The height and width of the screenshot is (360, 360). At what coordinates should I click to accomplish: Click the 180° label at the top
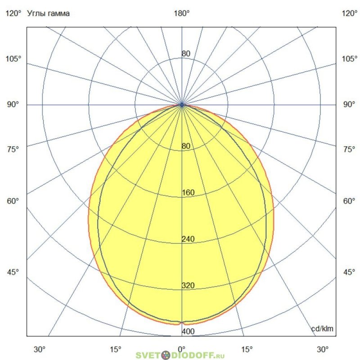(x=182, y=13)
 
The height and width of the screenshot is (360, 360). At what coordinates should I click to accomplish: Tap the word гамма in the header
(x=58, y=13)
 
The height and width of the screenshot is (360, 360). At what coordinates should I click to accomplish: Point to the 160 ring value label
(x=188, y=193)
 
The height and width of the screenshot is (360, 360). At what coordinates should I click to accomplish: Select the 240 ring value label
(x=188, y=239)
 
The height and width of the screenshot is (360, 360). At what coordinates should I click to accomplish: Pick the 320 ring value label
(x=188, y=285)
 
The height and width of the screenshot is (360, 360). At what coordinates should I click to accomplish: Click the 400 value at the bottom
(x=188, y=332)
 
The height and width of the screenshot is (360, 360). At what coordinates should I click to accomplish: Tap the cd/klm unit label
(x=323, y=328)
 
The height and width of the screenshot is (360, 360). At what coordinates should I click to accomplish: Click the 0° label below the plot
(x=182, y=349)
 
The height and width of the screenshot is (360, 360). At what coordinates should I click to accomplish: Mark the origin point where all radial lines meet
(x=182, y=105)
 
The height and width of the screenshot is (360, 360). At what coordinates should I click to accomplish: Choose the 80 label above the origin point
(x=186, y=54)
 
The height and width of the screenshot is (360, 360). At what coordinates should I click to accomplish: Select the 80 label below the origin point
(x=186, y=146)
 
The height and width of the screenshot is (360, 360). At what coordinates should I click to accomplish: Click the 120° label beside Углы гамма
(x=13, y=13)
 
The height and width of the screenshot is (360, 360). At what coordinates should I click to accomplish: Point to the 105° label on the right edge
(x=349, y=59)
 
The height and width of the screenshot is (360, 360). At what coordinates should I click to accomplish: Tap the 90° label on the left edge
(x=13, y=104)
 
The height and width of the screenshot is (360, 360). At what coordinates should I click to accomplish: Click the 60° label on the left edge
(x=13, y=201)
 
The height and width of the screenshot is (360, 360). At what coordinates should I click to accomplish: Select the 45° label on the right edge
(x=349, y=272)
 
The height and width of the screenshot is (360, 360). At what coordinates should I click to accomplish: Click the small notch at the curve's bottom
(x=182, y=323)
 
